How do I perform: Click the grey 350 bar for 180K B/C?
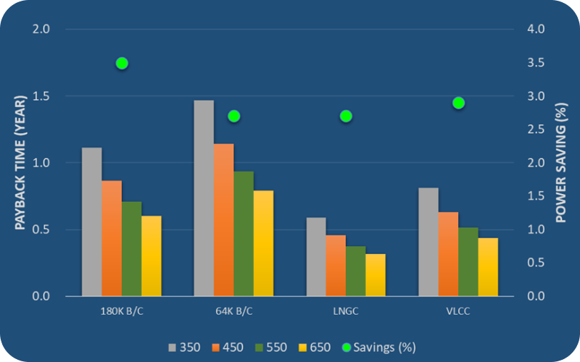(92, 222)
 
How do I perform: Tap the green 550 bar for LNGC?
(355, 271)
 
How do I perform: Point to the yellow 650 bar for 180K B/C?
(152, 256)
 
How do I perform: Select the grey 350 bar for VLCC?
(428, 242)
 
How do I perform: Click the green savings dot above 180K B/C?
(122, 63)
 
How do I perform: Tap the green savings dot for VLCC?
(458, 103)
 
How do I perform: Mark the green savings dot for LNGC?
(346, 116)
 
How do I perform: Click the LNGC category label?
(345, 312)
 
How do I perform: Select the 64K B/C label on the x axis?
(233, 312)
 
